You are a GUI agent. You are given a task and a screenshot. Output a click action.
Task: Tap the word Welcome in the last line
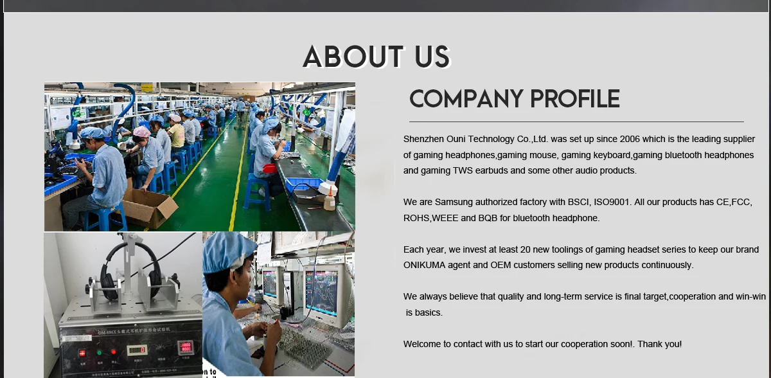[x=423, y=344]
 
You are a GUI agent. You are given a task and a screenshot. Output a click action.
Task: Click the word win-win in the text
[x=750, y=296]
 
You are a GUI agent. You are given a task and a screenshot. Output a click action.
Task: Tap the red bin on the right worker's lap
[x=270, y=168]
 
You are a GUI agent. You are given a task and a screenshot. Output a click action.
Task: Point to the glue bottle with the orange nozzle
[x=330, y=195]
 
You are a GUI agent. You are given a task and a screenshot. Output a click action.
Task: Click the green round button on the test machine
[x=98, y=352]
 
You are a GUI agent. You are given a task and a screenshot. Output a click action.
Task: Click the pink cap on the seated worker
[x=141, y=131]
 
